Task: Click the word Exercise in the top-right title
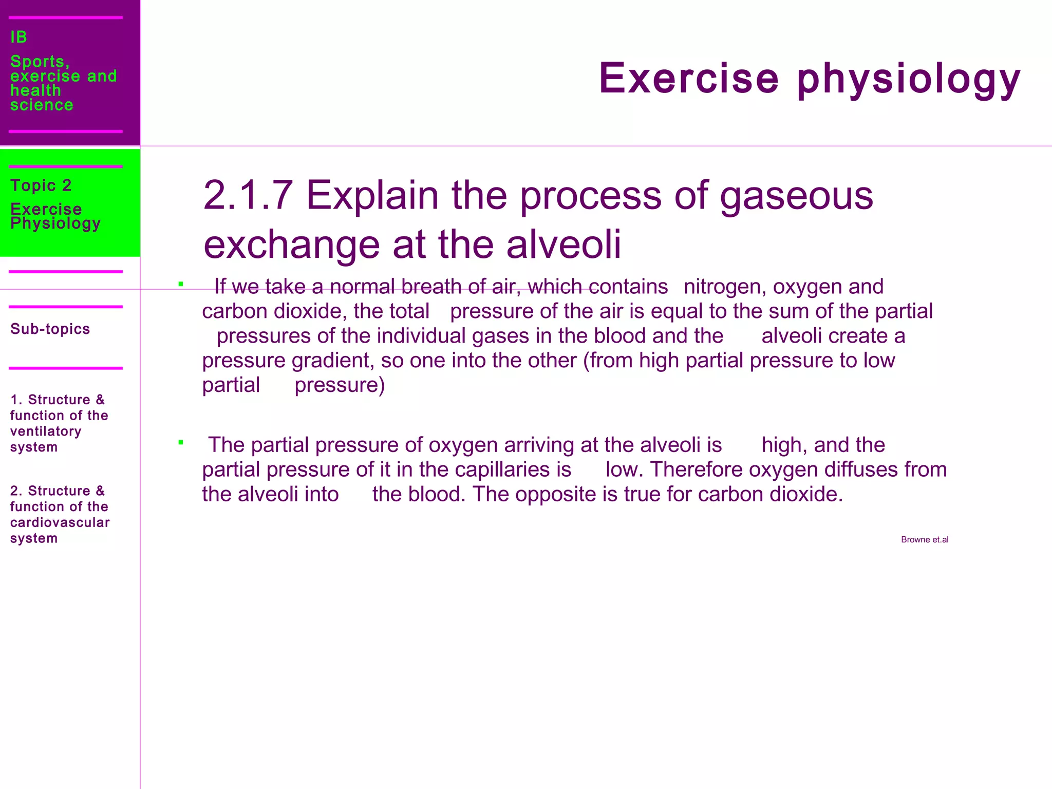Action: click(x=689, y=79)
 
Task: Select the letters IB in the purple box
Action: click(x=18, y=37)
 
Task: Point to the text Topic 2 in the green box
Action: click(x=41, y=185)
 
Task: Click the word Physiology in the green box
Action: click(x=55, y=223)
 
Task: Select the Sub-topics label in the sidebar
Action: click(x=50, y=329)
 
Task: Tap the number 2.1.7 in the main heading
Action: click(x=248, y=196)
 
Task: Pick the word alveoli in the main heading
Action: click(x=563, y=245)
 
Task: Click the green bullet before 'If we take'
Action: click(x=181, y=284)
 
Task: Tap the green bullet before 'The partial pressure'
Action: click(x=181, y=442)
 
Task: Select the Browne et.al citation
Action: click(x=924, y=539)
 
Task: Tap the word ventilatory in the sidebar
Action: click(x=46, y=431)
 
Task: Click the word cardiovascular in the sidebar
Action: click(x=60, y=522)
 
